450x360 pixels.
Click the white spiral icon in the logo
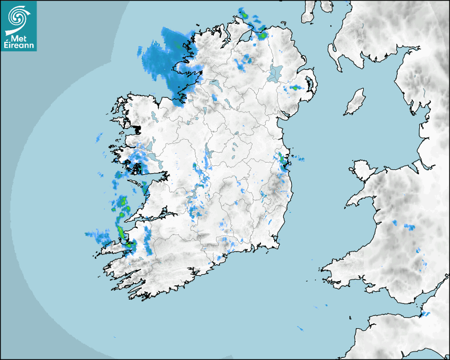17,17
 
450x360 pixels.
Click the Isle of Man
355,102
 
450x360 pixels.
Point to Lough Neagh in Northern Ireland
276,73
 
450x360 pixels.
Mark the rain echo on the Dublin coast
283,161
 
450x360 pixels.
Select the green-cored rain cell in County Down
294,88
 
